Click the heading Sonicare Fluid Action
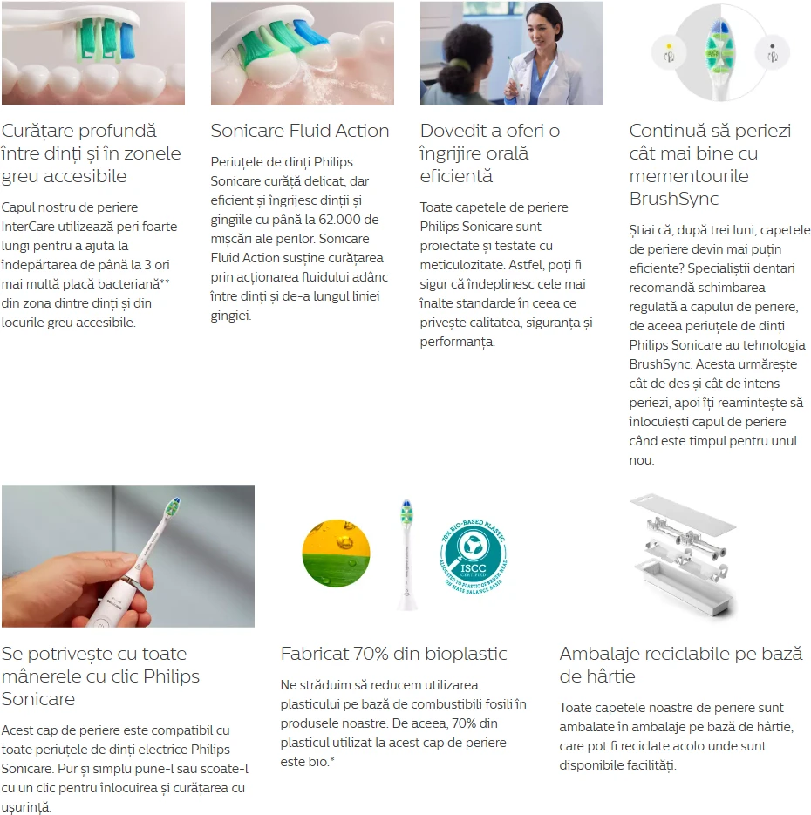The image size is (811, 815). point(299,131)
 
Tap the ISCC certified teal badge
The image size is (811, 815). point(473,555)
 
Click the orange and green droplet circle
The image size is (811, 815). point(336,553)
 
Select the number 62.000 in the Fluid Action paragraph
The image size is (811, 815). point(339,220)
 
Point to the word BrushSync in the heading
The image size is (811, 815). point(674,199)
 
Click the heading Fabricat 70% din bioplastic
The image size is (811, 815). point(393,654)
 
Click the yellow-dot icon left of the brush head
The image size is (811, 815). point(669,53)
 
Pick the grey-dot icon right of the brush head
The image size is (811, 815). point(773,53)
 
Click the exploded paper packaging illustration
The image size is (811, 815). point(684,555)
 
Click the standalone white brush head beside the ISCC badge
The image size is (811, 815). point(406,554)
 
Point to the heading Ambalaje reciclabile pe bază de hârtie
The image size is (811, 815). point(681,665)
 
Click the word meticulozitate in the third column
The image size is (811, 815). point(462,265)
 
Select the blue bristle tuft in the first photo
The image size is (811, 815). point(127,40)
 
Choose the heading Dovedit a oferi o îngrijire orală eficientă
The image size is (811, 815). point(490,153)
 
